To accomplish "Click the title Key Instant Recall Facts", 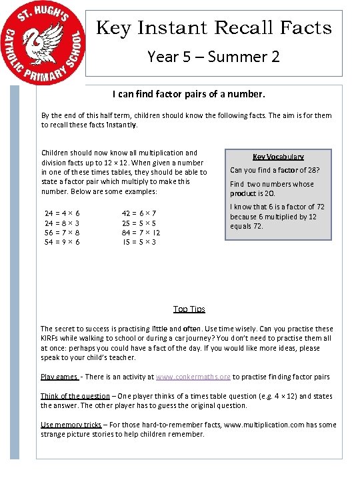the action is (214, 28).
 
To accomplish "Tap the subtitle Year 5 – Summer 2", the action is (213, 57).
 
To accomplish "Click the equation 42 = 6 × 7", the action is (139, 213).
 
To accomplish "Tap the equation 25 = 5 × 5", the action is (139, 223).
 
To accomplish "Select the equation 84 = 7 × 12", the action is (141, 232).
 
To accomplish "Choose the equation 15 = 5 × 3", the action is (139, 241).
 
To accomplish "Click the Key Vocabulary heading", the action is (278, 157).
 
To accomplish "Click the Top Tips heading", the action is (189, 309).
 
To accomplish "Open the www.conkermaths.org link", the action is (193, 377).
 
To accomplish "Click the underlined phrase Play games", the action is (59, 377).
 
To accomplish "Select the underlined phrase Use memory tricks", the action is (71, 425).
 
